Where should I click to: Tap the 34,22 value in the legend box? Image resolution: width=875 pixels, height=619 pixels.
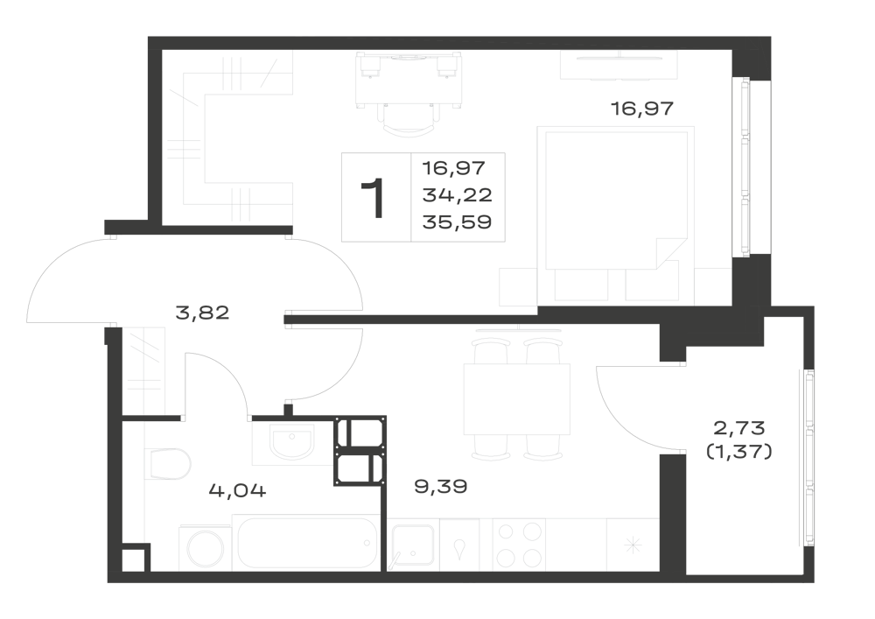[x=457, y=194]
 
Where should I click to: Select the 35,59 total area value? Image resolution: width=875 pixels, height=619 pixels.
[x=457, y=222]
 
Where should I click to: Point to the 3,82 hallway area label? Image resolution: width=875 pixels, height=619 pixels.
[x=202, y=313]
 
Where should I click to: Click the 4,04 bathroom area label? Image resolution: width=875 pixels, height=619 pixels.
[x=238, y=490]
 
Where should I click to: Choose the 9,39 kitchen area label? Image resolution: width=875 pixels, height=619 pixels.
[x=441, y=487]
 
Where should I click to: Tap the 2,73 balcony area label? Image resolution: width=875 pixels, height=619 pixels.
[x=739, y=429]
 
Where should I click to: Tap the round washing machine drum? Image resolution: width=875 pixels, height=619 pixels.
[x=205, y=549]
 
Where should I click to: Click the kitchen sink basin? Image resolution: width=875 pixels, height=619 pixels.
[x=414, y=546]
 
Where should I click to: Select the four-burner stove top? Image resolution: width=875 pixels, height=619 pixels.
[x=520, y=545]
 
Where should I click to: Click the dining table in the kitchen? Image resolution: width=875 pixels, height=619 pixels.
[x=517, y=399]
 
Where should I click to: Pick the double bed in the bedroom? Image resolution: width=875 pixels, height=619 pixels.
[x=616, y=216]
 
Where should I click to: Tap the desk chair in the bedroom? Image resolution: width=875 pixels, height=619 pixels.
[x=409, y=119]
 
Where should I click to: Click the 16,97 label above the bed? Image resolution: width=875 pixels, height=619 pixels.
[x=642, y=109]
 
